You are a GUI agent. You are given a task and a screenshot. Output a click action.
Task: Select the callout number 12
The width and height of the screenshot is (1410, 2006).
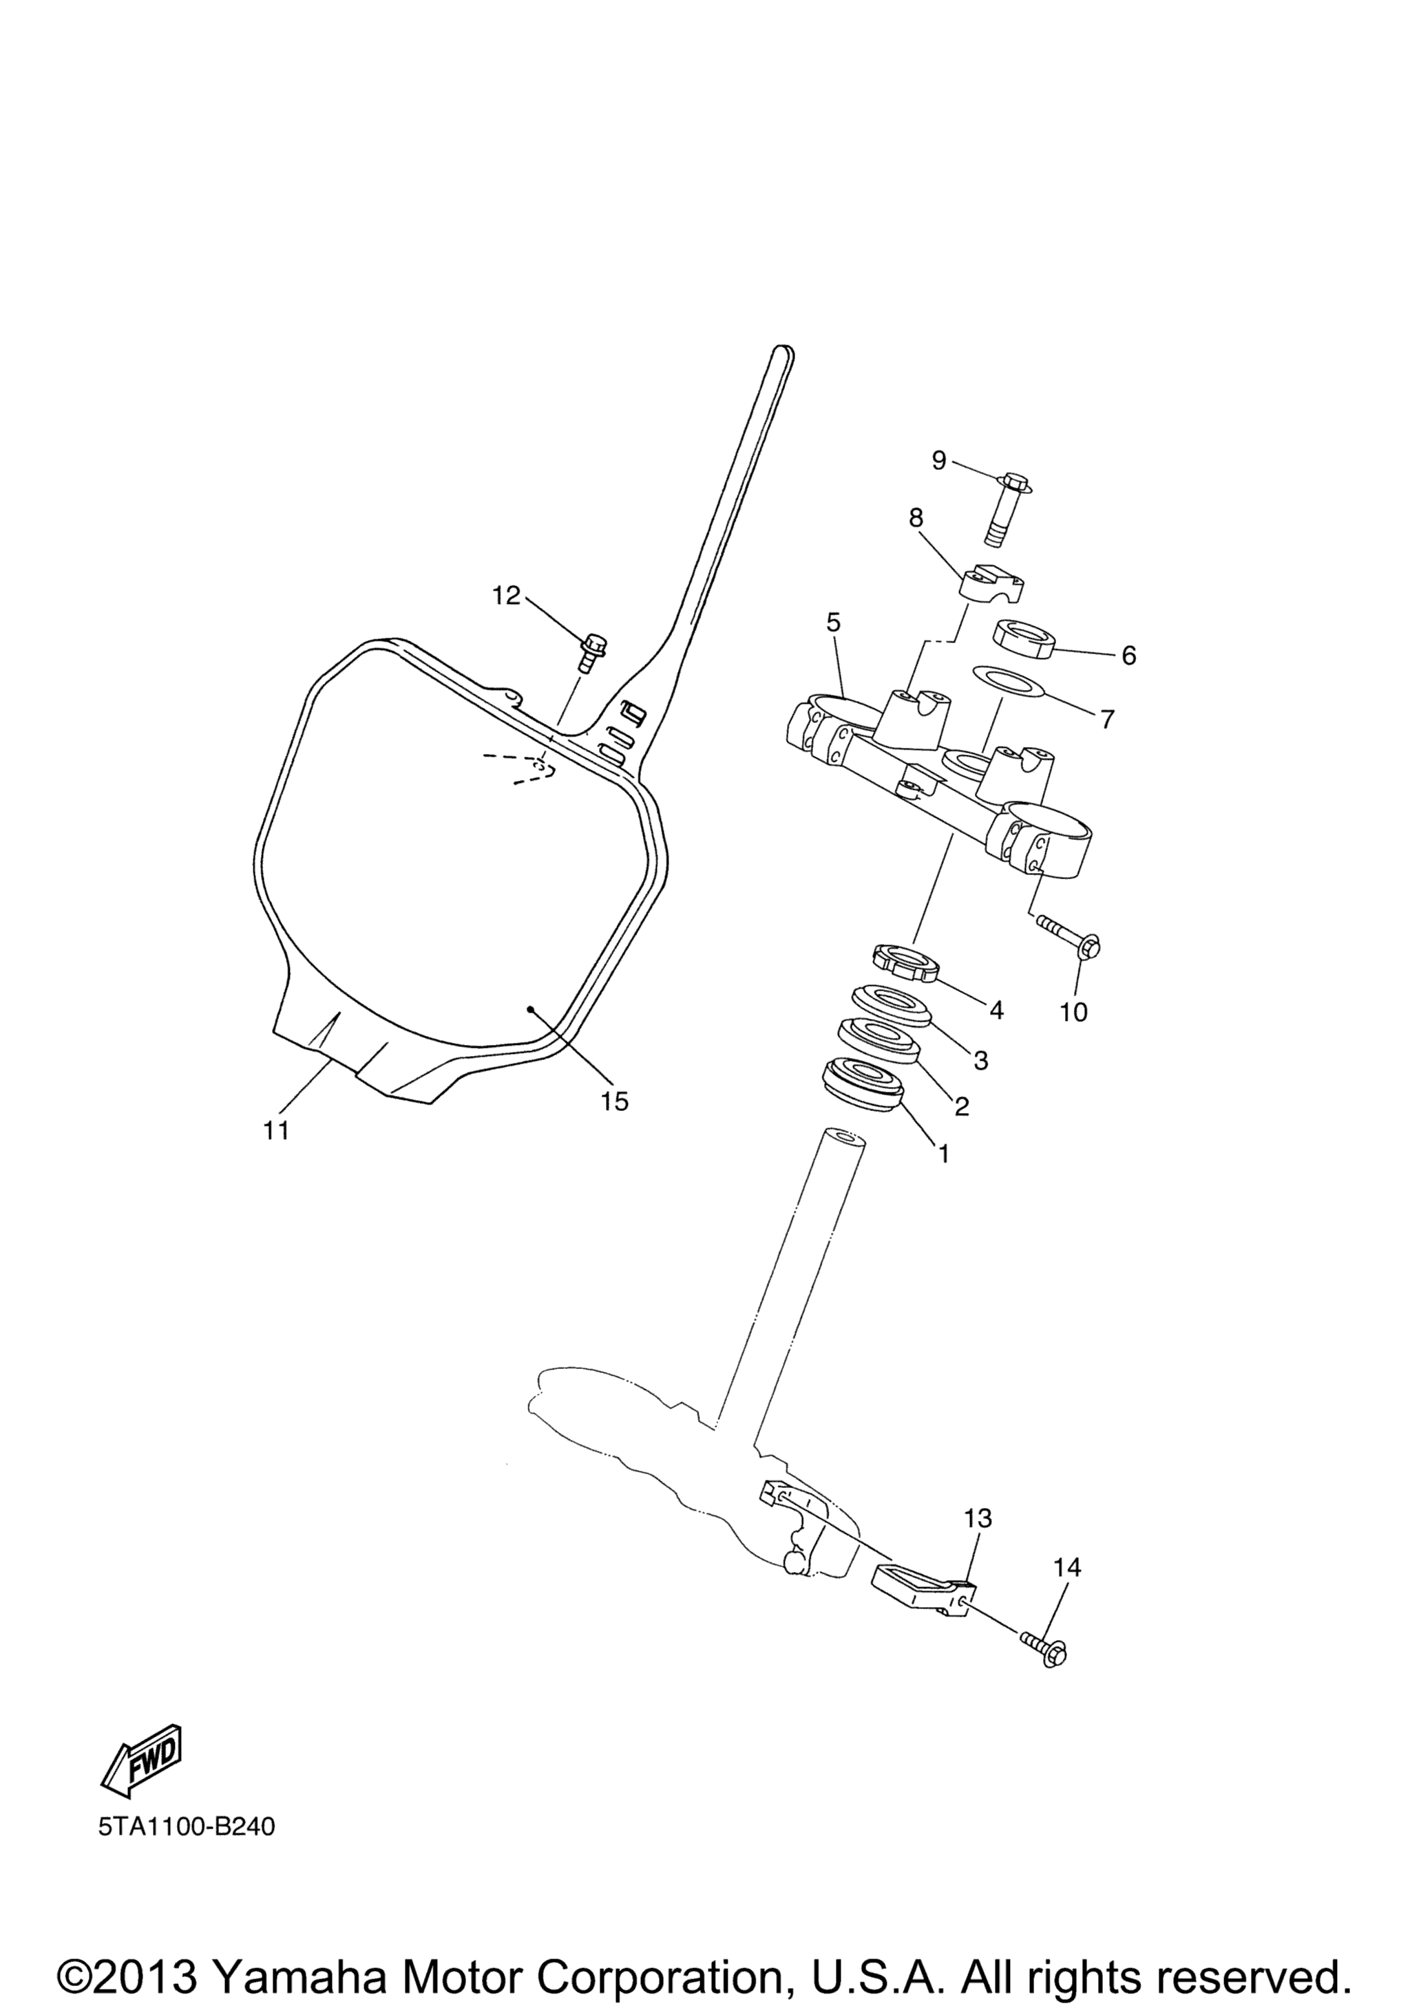(x=505, y=596)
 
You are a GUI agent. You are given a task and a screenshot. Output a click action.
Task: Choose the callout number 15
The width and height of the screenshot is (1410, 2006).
(x=615, y=1102)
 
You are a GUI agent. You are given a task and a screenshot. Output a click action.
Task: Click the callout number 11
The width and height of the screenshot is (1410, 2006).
(x=276, y=1130)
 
